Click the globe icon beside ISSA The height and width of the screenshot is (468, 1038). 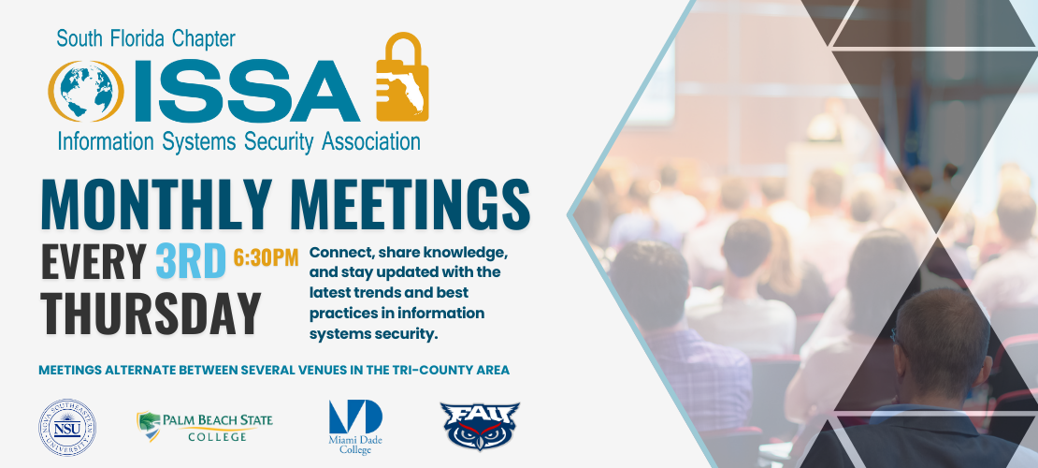(86, 92)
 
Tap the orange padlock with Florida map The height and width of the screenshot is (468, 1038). (402, 77)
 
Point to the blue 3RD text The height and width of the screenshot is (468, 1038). (192, 262)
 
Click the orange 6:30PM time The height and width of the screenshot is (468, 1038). (267, 257)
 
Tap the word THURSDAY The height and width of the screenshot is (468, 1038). (151, 314)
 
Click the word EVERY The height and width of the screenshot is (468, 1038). (94, 262)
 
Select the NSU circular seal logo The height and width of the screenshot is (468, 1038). (66, 428)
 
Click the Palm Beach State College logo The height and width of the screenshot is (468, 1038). (205, 427)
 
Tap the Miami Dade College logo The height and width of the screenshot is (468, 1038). (355, 427)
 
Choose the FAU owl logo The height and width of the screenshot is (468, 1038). (480, 426)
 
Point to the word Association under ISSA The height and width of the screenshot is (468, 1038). (370, 141)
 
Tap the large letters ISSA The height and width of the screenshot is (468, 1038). (249, 92)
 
